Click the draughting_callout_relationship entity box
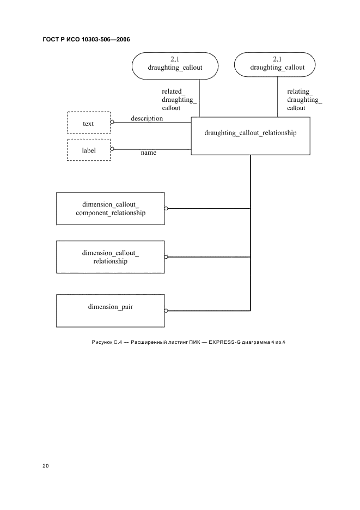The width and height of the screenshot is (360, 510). click(251, 136)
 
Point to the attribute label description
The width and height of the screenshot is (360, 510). click(147, 118)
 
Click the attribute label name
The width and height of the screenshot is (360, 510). click(148, 153)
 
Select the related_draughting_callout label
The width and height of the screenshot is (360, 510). click(179, 100)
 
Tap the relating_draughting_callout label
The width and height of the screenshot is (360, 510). click(304, 100)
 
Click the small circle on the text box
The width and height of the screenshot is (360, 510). click(112, 122)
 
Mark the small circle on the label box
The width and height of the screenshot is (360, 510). click(112, 149)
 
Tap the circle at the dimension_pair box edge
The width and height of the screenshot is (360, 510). click(166, 311)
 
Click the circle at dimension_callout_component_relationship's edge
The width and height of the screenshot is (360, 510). click(166, 209)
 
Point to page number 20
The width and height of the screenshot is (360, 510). click(46, 466)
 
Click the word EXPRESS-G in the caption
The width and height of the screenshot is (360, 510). click(224, 342)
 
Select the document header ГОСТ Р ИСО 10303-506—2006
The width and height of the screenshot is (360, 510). click(86, 40)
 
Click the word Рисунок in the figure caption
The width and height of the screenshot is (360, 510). click(102, 342)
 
